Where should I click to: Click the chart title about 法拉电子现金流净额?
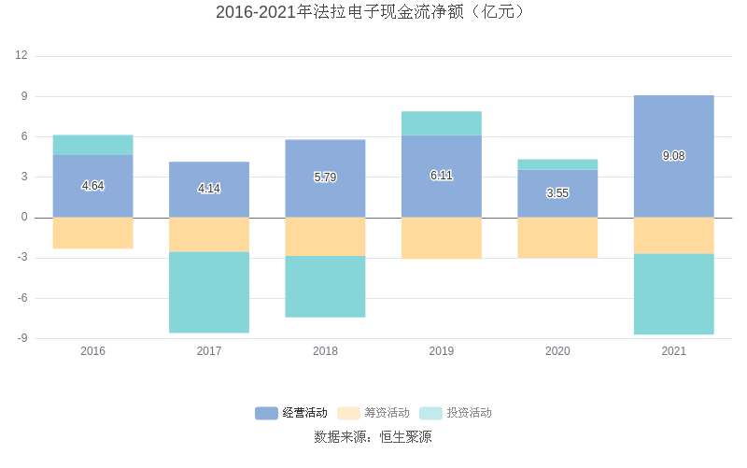[373, 12]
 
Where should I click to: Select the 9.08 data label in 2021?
[673, 156]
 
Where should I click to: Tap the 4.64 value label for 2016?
[92, 186]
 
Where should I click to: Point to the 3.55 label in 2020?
[557, 193]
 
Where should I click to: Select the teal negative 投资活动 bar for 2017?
[209, 292]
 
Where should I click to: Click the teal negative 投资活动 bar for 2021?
[673, 294]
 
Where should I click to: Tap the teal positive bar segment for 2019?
[441, 123]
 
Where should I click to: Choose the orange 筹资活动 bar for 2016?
[92, 233]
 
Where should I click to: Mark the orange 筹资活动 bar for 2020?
[557, 237]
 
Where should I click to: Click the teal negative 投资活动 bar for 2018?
[325, 287]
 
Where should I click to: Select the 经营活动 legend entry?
[291, 413]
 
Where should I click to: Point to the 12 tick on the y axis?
[21, 56]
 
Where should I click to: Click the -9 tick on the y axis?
[21, 339]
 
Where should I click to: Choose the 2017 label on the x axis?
[209, 352]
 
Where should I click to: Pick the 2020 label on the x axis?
[557, 352]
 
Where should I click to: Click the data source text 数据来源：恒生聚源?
[373, 437]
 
